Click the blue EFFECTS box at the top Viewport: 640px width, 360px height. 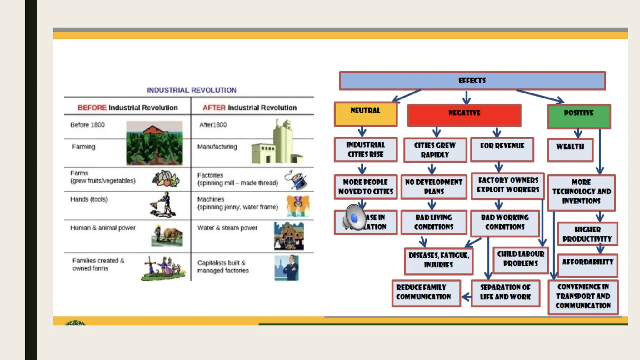(472, 81)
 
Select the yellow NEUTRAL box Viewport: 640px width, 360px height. (365, 114)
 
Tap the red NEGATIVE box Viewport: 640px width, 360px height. (464, 115)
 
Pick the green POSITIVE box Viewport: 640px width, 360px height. (579, 116)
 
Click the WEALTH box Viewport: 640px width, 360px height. (570, 150)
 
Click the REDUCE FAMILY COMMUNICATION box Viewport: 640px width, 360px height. (426, 293)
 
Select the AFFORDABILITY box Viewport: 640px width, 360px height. (587, 265)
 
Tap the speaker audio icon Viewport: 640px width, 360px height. (354, 217)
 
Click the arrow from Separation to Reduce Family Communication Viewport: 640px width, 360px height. (466, 297)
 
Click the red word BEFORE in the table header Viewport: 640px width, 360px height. (92, 108)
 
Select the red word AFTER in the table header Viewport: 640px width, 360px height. (214, 108)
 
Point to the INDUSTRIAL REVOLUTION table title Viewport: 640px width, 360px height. (192, 90)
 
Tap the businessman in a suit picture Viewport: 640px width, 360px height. (287, 268)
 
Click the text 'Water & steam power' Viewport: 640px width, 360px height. (227, 228)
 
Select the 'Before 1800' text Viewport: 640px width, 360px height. (87, 125)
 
